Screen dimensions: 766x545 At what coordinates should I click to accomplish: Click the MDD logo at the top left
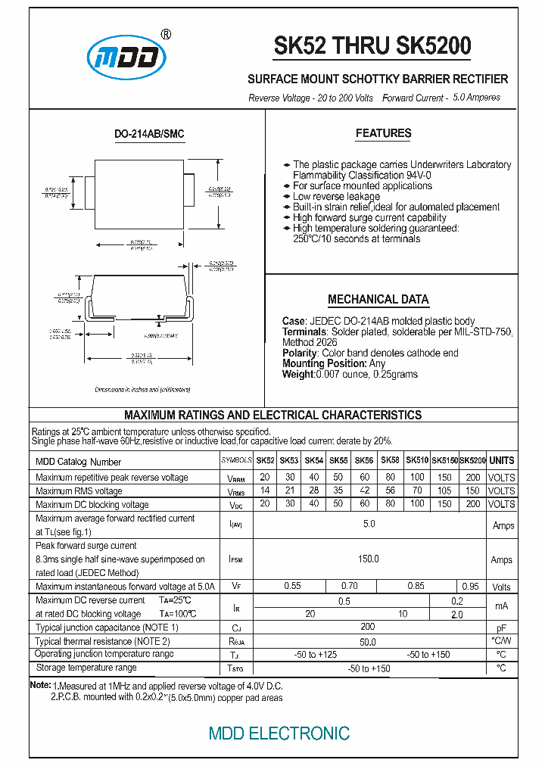click(x=126, y=57)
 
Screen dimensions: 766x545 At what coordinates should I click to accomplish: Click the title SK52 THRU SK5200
click(x=372, y=47)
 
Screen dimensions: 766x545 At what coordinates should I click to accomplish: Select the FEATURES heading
click(x=383, y=133)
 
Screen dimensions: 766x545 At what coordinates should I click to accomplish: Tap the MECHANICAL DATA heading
click(x=378, y=299)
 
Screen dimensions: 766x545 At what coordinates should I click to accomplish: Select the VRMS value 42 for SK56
click(x=364, y=491)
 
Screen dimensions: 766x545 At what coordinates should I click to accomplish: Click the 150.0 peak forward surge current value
click(x=369, y=559)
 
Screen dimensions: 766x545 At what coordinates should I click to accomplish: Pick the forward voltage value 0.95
click(x=470, y=587)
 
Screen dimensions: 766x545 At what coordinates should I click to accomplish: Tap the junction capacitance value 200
click(x=368, y=627)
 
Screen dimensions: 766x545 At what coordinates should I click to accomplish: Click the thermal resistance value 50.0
click(x=368, y=641)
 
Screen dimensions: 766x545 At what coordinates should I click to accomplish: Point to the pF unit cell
click(x=501, y=628)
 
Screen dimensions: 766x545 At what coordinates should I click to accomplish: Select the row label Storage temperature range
click(x=86, y=668)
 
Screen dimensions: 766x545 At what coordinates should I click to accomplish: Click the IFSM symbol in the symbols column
click(x=236, y=559)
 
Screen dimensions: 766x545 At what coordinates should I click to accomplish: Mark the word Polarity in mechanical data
click(x=300, y=353)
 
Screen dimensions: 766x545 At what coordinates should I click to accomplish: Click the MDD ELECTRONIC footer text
click(x=279, y=733)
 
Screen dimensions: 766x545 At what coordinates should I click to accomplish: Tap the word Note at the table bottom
click(x=39, y=685)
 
